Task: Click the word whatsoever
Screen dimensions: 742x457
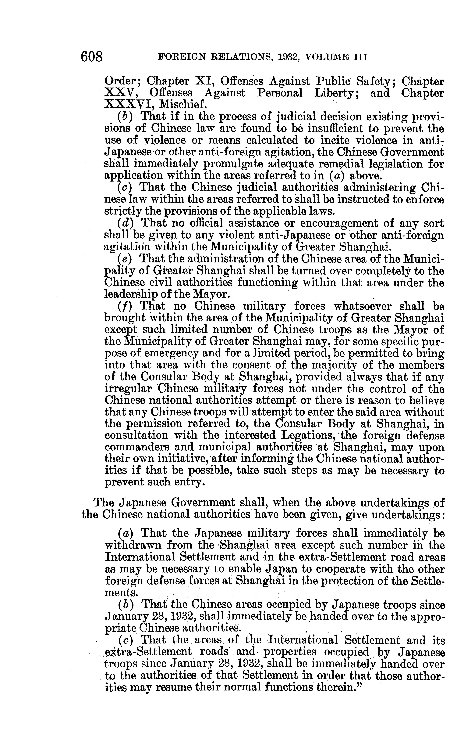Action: [x=363, y=306]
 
